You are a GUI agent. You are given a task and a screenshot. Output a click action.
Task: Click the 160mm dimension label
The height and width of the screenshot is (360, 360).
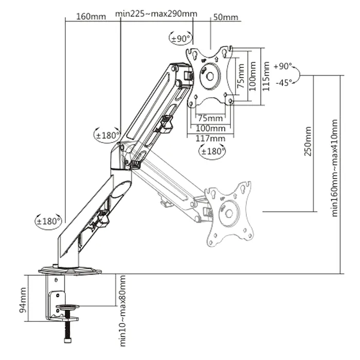[x=91, y=16]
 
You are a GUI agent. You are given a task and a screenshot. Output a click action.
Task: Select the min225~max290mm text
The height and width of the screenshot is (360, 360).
[x=149, y=13]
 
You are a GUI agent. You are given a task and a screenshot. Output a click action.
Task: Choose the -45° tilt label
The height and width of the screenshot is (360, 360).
[x=283, y=82]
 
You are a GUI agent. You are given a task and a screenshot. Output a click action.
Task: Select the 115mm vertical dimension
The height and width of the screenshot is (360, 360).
[x=265, y=76]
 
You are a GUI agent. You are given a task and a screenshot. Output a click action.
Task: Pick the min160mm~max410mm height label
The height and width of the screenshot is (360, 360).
[x=335, y=168]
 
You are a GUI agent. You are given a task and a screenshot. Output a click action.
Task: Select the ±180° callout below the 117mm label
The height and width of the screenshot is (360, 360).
[x=212, y=152]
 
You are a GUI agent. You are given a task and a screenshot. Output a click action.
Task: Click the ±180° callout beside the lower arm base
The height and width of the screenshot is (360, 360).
[x=49, y=222]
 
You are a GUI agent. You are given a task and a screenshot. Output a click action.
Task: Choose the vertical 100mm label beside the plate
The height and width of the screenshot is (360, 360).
[x=253, y=76]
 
